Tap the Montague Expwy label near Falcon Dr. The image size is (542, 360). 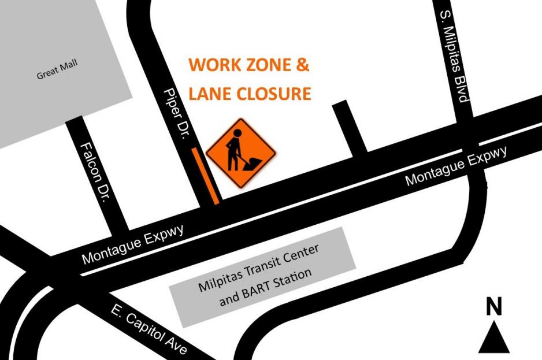(133, 245)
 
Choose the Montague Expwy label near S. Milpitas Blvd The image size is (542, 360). (456, 166)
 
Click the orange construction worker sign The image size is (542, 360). (240, 153)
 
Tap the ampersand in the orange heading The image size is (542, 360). (302, 65)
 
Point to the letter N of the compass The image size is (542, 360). (493, 307)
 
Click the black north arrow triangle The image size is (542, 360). (493, 339)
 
